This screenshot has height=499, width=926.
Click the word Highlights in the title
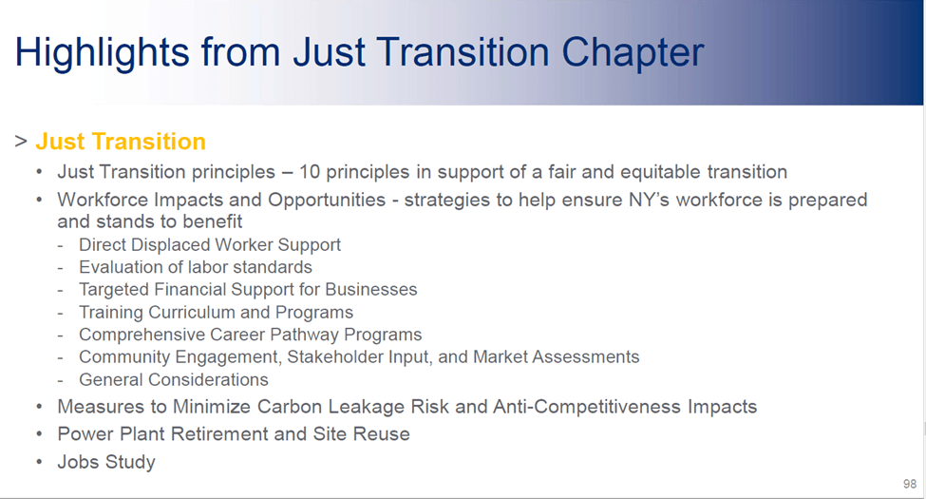click(103, 53)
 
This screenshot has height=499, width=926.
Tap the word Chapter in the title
click(633, 53)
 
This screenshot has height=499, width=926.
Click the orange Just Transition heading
click(121, 142)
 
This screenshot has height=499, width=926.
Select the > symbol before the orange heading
click(21, 142)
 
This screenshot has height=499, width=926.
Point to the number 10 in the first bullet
click(310, 172)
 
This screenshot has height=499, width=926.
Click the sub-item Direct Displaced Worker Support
click(210, 245)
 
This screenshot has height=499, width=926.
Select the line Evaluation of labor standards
click(196, 267)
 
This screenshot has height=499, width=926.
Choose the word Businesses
click(370, 290)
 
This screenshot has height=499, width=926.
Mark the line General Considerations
click(174, 379)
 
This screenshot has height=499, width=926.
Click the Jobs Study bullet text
click(106, 462)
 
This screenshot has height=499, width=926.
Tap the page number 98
click(910, 484)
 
